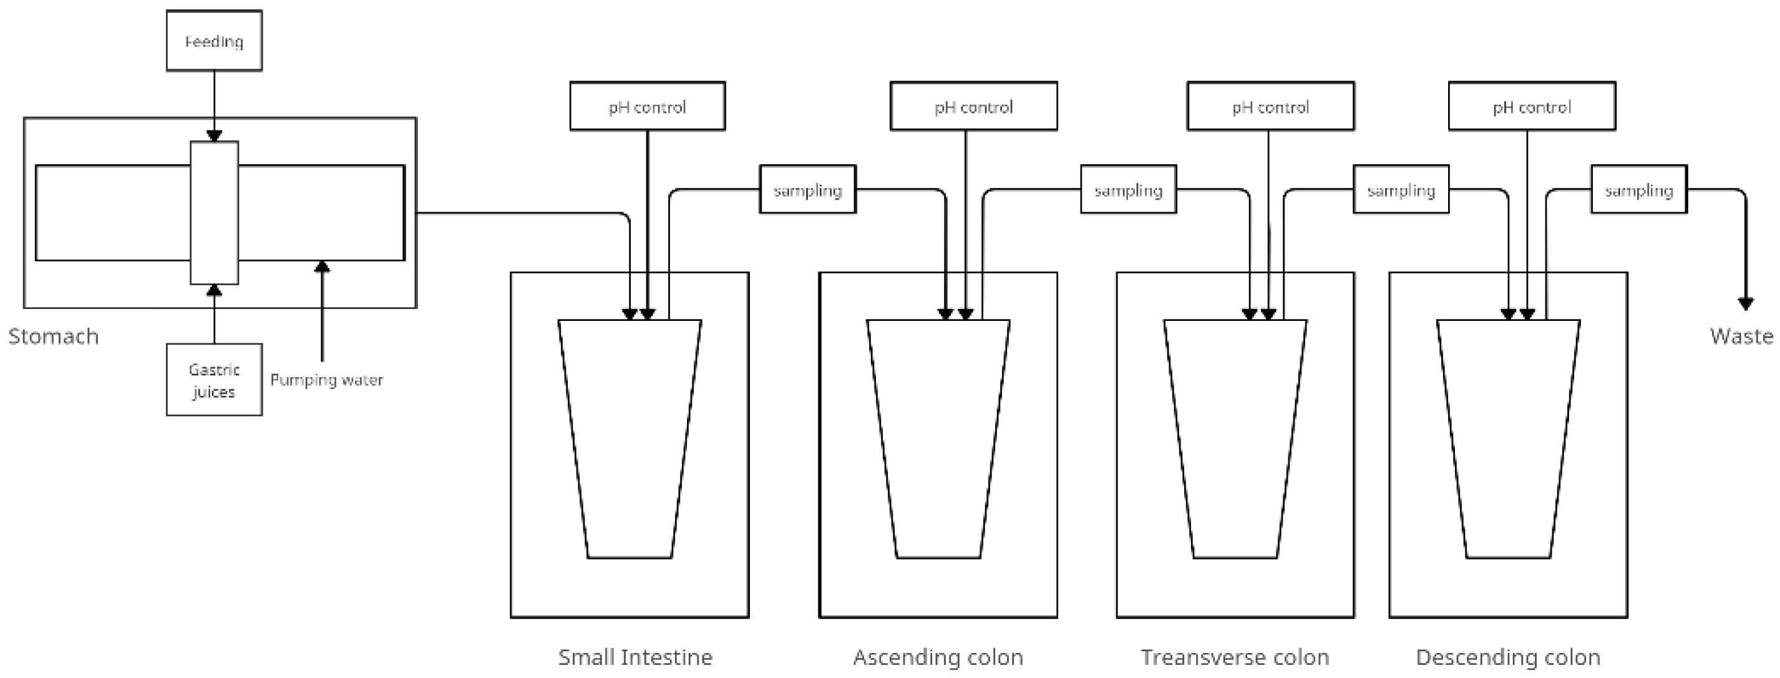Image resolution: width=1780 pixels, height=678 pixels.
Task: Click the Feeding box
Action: pyautogui.click(x=214, y=41)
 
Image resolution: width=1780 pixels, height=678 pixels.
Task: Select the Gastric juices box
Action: pyautogui.click(x=214, y=380)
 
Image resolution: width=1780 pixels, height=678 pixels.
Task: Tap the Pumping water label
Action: pyautogui.click(x=326, y=380)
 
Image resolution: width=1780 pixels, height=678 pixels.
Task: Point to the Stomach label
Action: pyautogui.click(x=53, y=337)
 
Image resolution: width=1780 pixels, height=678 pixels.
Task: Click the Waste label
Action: pyautogui.click(x=1741, y=337)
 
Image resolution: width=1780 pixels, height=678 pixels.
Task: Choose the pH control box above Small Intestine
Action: pyautogui.click(x=648, y=106)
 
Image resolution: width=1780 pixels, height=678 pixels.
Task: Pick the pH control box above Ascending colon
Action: pyautogui.click(x=974, y=106)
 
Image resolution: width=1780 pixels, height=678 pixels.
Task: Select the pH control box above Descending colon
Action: pyautogui.click(x=1532, y=106)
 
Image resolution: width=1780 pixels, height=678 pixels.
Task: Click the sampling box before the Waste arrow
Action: pyautogui.click(x=1639, y=189)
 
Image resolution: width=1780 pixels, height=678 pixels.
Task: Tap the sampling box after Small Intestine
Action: pyautogui.click(x=808, y=189)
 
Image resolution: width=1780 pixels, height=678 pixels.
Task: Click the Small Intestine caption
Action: pyautogui.click(x=635, y=657)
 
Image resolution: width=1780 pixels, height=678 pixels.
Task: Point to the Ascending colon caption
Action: pyautogui.click(x=938, y=657)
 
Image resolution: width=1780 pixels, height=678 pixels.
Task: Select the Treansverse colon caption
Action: pyautogui.click(x=1235, y=657)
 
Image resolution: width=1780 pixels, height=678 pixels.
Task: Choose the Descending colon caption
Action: pyautogui.click(x=1509, y=657)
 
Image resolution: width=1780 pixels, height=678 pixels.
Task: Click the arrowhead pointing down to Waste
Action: pyautogui.click(x=1746, y=304)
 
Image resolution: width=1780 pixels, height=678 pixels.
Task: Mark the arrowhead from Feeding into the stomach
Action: pyautogui.click(x=214, y=136)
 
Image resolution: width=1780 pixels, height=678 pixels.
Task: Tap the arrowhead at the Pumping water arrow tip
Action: pyautogui.click(x=322, y=267)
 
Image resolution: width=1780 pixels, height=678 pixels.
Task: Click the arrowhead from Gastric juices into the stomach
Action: pyautogui.click(x=214, y=290)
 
